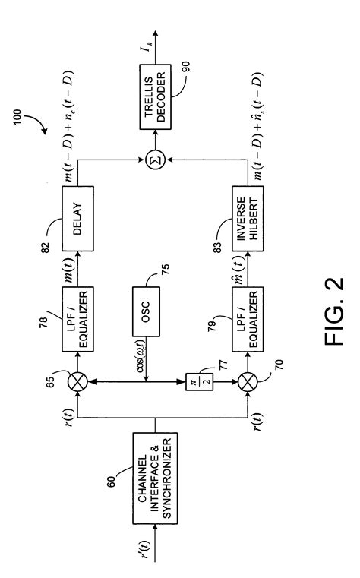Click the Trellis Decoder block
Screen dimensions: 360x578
pos(155,97)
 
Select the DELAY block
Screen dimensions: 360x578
pos(77,219)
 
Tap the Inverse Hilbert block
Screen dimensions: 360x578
pos(248,219)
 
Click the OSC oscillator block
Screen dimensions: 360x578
pos(146,311)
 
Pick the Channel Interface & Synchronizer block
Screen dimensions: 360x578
pos(155,478)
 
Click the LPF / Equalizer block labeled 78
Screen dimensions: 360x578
pos(77,319)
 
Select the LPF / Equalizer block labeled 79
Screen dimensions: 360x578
pos(248,319)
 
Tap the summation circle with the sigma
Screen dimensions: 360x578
pos(155,160)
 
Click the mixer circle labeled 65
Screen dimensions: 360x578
pos(77,381)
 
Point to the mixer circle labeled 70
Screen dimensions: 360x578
pos(248,381)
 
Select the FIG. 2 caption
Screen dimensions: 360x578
pos(335,311)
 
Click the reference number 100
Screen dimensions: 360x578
pos(17,117)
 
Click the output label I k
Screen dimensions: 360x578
pos(148,47)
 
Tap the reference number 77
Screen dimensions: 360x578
pos(223,365)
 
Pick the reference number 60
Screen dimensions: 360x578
pos(111,481)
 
